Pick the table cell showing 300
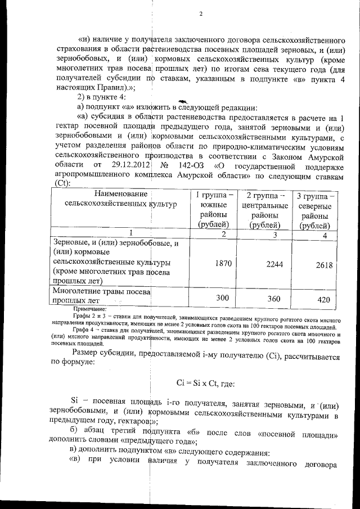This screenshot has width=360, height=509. [223, 297]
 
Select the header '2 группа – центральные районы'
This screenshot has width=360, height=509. [264, 210]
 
